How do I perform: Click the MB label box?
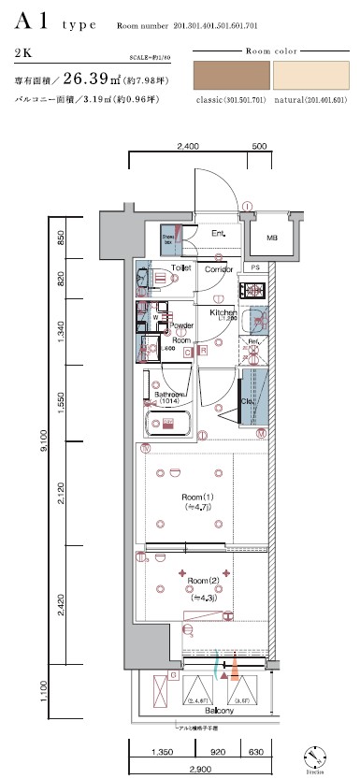(271, 238)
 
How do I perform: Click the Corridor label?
(219, 268)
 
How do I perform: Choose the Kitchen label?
(221, 312)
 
